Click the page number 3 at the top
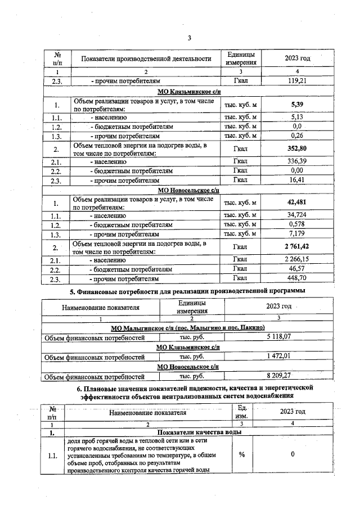coord(190,38)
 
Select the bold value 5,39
coord(297,105)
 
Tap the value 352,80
coord(297,149)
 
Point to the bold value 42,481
coord(297,203)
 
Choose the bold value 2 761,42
coord(297,247)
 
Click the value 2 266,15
coord(297,260)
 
